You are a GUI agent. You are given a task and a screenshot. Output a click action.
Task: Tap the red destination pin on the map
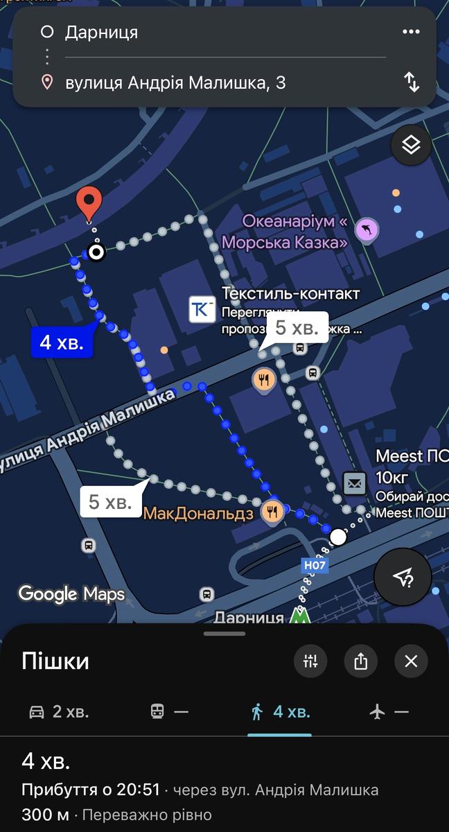[89, 202]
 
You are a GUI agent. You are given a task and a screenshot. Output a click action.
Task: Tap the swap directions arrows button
[412, 83]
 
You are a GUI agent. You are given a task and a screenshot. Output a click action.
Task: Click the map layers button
[411, 145]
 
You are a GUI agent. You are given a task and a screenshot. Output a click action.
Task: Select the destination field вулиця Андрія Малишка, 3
[175, 83]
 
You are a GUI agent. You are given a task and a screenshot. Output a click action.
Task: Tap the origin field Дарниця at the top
[101, 32]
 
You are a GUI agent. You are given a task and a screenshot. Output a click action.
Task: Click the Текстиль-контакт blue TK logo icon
[202, 309]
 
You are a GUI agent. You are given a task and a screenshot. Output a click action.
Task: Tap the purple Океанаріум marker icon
[367, 229]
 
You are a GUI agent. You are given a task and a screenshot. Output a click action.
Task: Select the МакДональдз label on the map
[198, 514]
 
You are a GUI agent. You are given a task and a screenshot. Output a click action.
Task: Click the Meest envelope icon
[355, 483]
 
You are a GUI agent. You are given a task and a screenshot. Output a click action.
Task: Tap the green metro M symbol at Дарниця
[299, 616]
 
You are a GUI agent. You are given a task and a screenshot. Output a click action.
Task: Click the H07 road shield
[315, 565]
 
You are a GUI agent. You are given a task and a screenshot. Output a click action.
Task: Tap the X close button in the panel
[411, 661]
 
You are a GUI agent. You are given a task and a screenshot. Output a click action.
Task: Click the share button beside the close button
[360, 661]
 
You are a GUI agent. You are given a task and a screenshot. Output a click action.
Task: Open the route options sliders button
[310, 661]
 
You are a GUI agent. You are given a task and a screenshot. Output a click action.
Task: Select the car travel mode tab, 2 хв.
[59, 711]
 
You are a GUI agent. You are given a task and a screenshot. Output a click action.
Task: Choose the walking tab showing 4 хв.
[280, 711]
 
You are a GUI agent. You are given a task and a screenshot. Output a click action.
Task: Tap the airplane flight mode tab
[389, 711]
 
